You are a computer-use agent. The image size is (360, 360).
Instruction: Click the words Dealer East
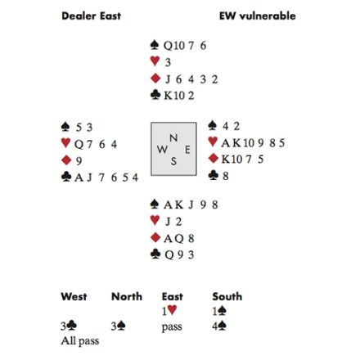pyautogui.click(x=91, y=16)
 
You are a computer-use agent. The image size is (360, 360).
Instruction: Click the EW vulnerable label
pyautogui.click(x=257, y=16)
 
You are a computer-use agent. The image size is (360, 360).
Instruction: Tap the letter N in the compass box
pyautogui.click(x=173, y=138)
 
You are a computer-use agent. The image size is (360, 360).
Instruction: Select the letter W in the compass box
pyautogui.click(x=162, y=150)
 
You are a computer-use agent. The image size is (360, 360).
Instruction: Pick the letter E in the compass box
pyautogui.click(x=187, y=150)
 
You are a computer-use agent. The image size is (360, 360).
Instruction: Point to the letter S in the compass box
pyautogui.click(x=173, y=161)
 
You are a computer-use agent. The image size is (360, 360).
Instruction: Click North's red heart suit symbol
pyautogui.click(x=155, y=61)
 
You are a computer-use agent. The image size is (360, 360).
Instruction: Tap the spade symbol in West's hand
pyautogui.click(x=65, y=126)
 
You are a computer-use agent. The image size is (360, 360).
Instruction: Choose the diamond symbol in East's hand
pyautogui.click(x=213, y=158)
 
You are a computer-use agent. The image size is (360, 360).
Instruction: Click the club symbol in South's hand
pyautogui.click(x=155, y=254)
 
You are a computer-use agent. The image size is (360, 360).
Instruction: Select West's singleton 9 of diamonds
pyautogui.click(x=79, y=161)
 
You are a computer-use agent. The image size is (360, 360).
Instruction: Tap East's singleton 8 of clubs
pyautogui.click(x=225, y=176)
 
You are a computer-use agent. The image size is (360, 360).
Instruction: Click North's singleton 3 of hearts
pyautogui.click(x=168, y=62)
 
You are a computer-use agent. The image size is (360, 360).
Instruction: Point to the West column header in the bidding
pyautogui.click(x=74, y=296)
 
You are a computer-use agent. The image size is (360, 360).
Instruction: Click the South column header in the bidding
pyautogui.click(x=227, y=296)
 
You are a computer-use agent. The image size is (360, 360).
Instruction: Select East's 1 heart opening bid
pyautogui.click(x=169, y=311)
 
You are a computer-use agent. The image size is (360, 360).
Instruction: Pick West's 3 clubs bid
pyautogui.click(x=69, y=326)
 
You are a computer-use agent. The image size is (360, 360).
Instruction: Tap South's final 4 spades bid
pyautogui.click(x=219, y=326)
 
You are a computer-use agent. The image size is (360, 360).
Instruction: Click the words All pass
pyautogui.click(x=80, y=341)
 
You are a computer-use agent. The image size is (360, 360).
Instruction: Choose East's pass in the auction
pyautogui.click(x=172, y=326)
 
